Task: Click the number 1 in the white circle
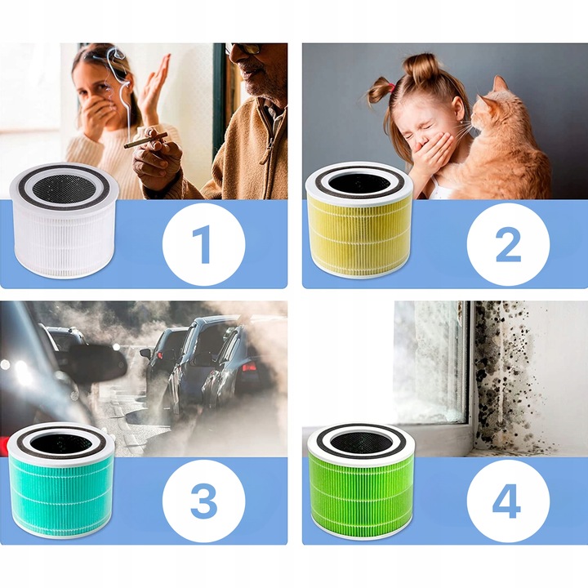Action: coord(202,244)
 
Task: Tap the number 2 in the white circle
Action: coord(508,244)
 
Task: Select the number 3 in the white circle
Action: coord(203,501)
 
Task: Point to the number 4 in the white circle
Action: coord(506,501)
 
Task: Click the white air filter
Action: coord(64,220)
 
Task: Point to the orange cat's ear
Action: coord(500,85)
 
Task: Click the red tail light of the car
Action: coord(249,367)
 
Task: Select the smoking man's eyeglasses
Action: coord(243,49)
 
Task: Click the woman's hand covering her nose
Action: coord(96,111)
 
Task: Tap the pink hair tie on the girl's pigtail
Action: coord(390,88)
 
